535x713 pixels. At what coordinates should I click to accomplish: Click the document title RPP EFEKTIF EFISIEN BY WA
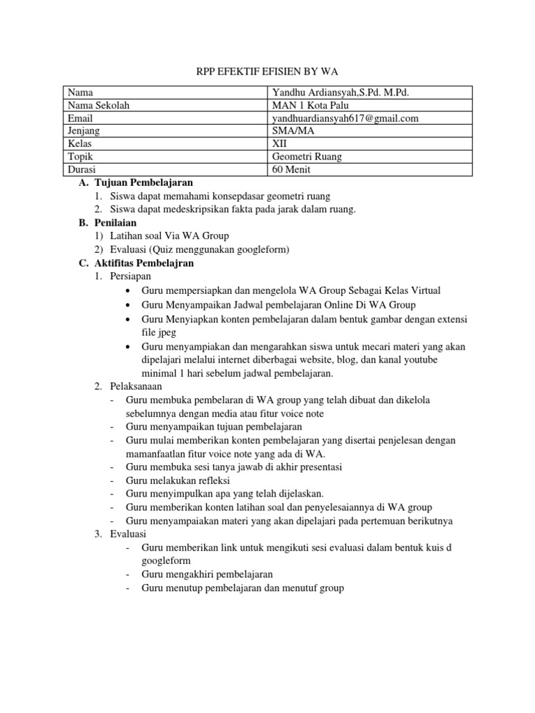coord(267,72)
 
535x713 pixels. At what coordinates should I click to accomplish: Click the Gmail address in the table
coord(346,118)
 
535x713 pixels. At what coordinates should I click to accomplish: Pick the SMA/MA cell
coord(293,131)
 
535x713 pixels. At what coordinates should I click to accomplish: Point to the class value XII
coord(279,143)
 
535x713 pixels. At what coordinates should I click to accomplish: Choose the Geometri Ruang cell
coord(307,157)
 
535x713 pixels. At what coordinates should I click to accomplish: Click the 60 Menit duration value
coord(291,169)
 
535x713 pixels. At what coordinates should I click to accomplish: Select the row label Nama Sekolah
coord(98,105)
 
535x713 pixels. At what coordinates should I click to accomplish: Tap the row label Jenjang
coord(83,131)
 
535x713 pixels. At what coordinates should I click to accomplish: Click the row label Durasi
coord(81,169)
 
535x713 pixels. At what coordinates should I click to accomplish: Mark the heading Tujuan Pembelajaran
coord(143,182)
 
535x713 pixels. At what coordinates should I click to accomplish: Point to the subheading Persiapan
coord(130,277)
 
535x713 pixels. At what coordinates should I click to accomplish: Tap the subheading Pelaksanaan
coord(135,386)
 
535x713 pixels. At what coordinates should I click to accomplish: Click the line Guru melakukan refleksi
coord(178,480)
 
